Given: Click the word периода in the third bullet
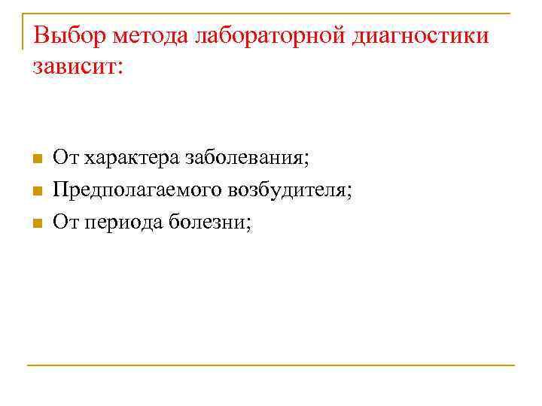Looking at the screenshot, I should [x=121, y=223].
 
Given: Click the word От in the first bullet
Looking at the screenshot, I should [x=65, y=159].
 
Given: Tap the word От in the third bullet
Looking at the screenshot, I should [x=65, y=223].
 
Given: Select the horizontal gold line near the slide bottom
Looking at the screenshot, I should [x=271, y=365].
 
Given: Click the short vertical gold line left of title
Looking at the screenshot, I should [x=23, y=32].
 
